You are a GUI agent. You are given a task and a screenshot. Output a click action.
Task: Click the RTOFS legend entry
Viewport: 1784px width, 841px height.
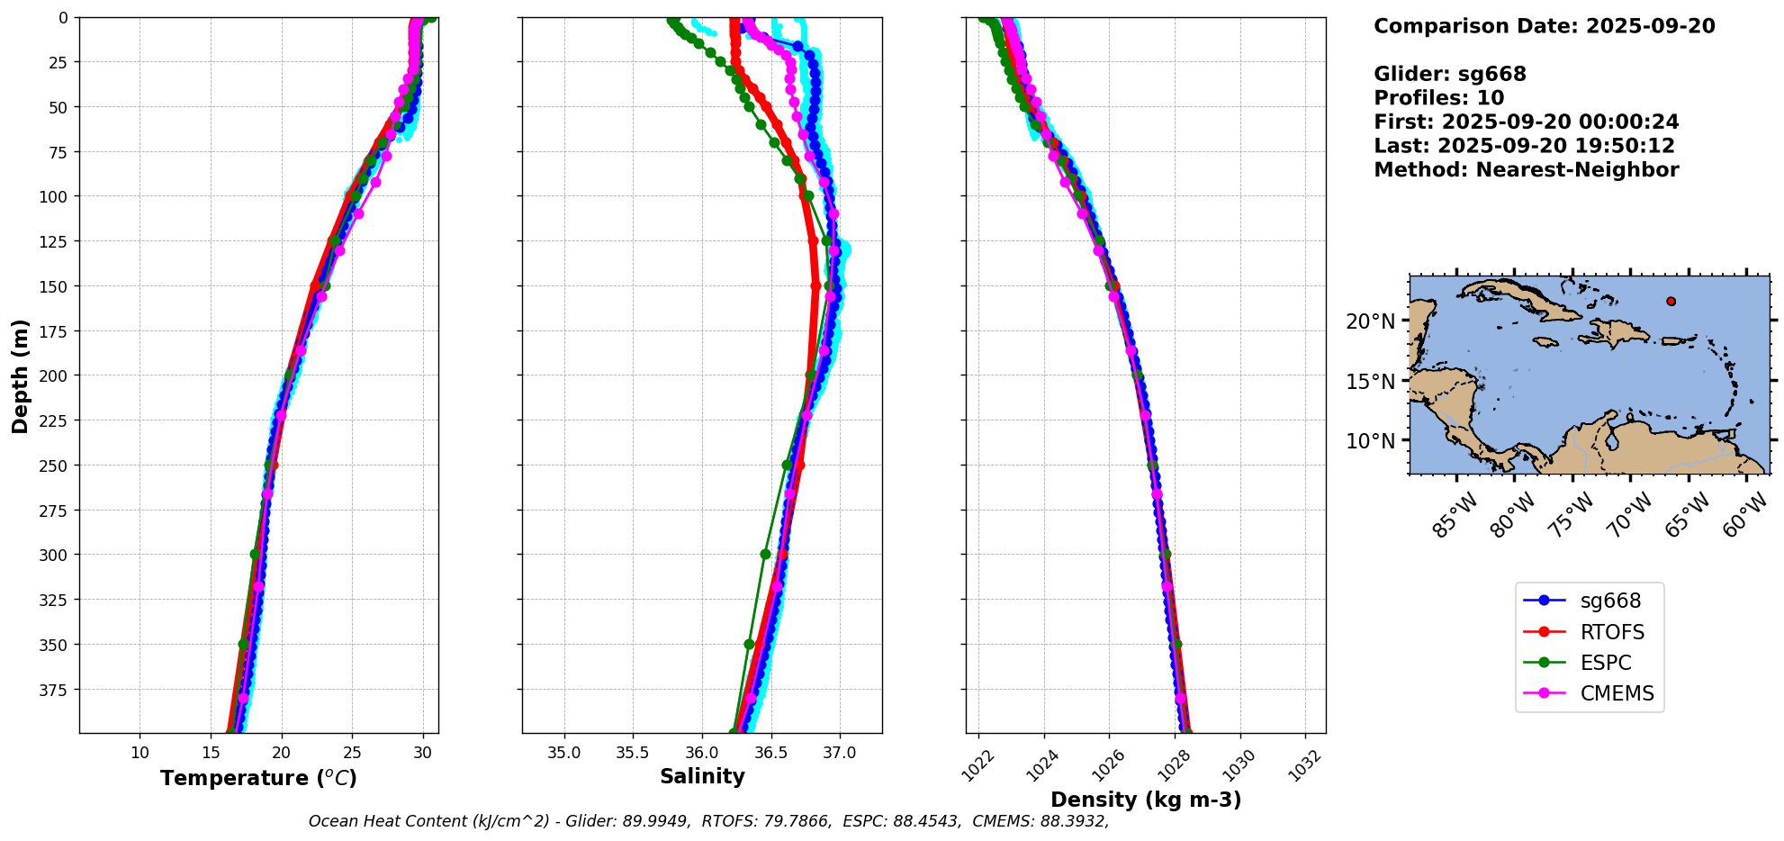[x=1611, y=632]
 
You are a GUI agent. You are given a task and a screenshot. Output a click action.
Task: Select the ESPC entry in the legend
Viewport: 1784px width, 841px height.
[x=1605, y=663]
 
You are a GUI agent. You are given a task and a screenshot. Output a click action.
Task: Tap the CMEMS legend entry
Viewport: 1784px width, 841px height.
[x=1617, y=693]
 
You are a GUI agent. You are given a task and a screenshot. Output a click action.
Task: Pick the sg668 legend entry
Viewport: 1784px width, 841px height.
[x=1610, y=601]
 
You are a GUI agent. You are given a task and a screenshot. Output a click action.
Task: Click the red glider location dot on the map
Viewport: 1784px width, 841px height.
[x=1671, y=302]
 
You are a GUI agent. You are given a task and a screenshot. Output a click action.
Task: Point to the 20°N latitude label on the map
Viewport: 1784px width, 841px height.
[x=1370, y=321]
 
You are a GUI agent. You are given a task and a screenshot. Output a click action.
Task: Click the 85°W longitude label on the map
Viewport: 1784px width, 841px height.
[x=1455, y=516]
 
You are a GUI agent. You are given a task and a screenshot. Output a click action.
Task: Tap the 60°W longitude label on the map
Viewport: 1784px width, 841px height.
[x=1745, y=516]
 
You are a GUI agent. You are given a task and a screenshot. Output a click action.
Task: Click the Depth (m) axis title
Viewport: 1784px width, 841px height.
[x=20, y=375]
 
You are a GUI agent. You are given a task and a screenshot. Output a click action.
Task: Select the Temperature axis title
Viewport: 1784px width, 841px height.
[x=258, y=778]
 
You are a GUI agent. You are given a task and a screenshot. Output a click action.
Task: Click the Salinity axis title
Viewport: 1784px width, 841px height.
[x=702, y=776]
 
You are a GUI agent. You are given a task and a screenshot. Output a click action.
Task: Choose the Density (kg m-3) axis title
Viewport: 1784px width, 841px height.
[x=1146, y=800]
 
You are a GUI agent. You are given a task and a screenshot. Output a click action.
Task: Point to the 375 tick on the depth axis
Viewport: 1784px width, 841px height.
[x=56, y=690]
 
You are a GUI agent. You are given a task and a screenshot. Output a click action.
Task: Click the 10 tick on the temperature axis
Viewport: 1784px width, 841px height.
[x=140, y=753]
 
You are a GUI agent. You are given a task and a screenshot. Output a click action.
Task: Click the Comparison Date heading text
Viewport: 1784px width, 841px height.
[x=1544, y=26]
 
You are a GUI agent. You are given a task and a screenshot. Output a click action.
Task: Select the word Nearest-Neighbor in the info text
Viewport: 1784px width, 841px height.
[x=1577, y=170]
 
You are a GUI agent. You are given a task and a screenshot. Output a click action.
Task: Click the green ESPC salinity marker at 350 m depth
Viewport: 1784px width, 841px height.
[x=749, y=644]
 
